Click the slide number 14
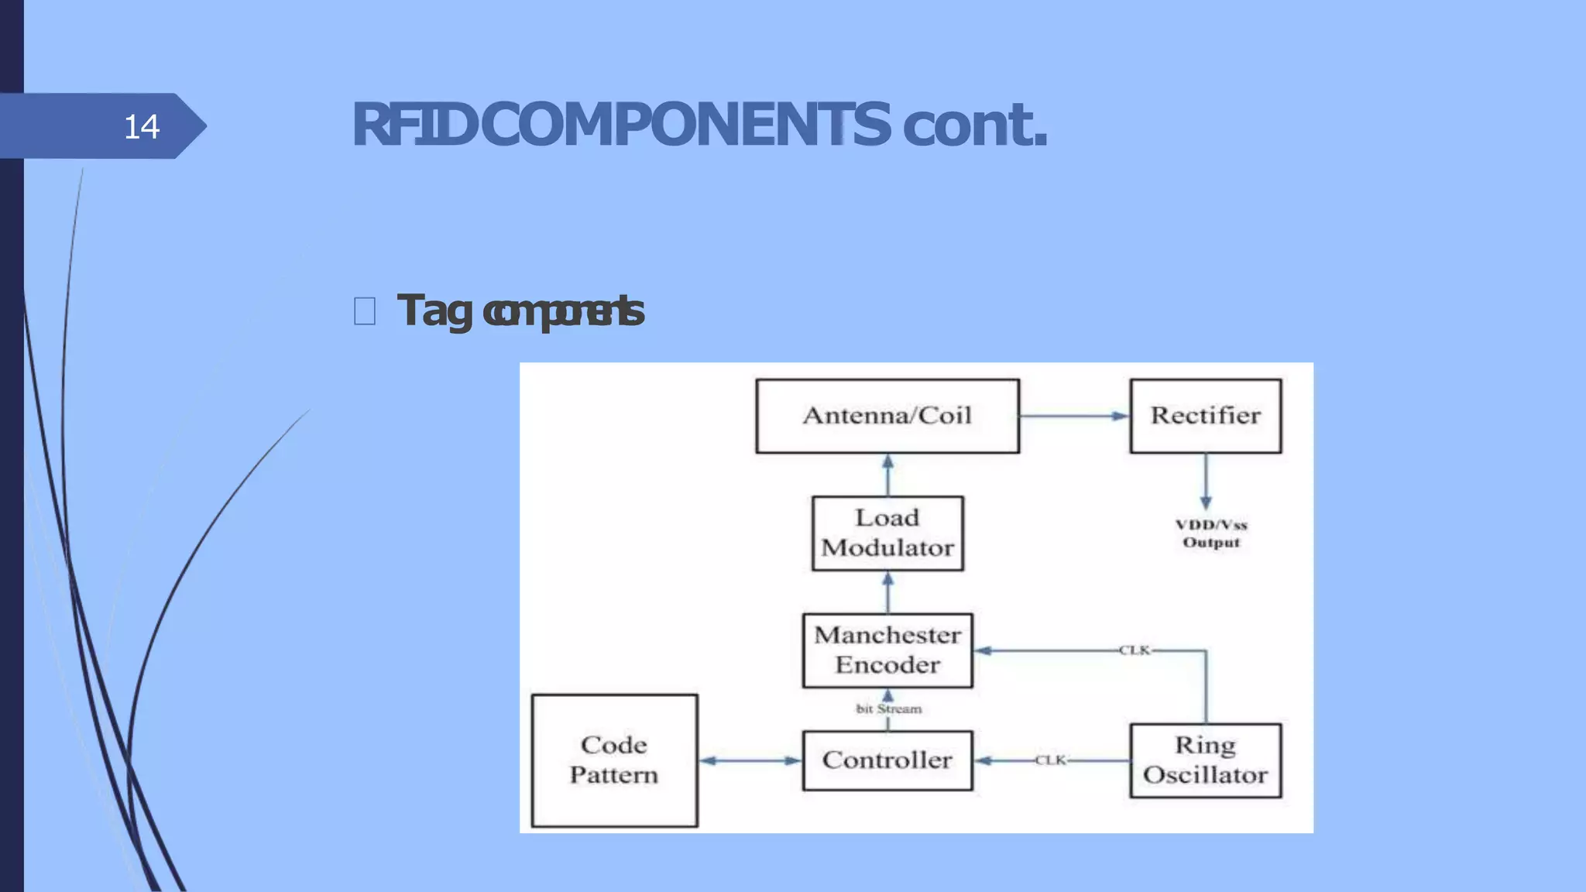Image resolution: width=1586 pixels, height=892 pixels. tap(142, 126)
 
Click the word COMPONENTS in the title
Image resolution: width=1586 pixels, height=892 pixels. tap(685, 125)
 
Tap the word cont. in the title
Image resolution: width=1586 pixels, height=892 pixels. tap(974, 125)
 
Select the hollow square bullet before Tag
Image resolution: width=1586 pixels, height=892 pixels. tap(365, 311)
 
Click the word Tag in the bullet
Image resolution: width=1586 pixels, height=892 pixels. tap(434, 311)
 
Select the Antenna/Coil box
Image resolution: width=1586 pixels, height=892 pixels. tap(887, 416)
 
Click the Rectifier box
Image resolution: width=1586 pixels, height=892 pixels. tap(1205, 416)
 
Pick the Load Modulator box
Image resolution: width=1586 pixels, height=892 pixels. tap(887, 533)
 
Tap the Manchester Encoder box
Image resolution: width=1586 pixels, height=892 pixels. tap(887, 650)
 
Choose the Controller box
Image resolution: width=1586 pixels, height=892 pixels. tap(887, 760)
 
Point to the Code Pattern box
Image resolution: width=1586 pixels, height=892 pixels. tap(614, 760)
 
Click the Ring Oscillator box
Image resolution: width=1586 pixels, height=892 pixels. tap(1205, 760)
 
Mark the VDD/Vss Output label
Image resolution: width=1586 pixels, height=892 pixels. tap(1211, 533)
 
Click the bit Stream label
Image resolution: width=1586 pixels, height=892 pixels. tap(889, 708)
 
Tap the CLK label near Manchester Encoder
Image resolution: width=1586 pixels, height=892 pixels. tap(1135, 650)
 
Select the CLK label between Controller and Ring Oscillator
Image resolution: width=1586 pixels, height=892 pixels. tap(1051, 760)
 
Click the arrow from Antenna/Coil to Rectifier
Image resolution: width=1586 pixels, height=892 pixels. tap(1074, 416)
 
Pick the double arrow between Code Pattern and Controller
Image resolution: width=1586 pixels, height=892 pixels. tap(750, 760)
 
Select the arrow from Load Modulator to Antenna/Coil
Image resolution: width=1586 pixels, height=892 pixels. tap(887, 475)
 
